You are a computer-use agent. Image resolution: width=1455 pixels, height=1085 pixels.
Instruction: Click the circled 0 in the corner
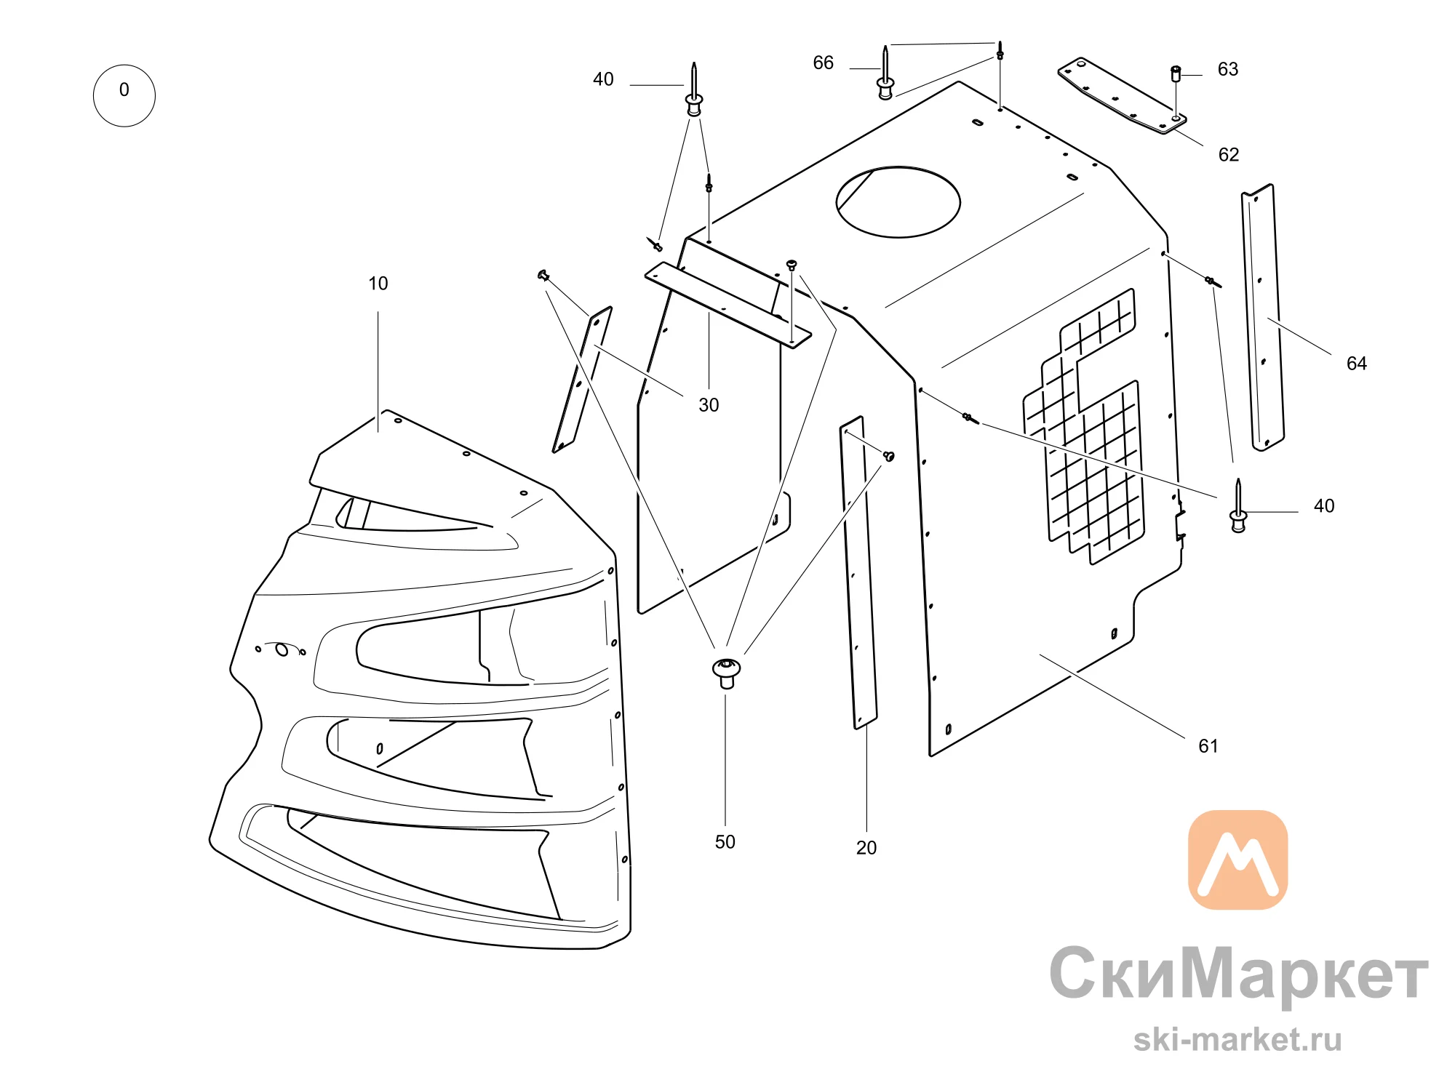[x=124, y=95]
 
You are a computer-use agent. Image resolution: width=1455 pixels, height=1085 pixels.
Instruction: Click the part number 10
[x=378, y=284]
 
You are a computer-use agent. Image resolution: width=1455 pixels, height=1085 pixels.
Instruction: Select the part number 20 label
[x=866, y=848]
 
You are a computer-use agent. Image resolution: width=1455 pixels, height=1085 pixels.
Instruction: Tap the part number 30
[x=709, y=405]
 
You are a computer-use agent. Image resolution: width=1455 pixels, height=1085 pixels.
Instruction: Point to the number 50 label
[x=725, y=842]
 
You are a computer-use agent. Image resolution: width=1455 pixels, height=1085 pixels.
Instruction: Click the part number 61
[x=1208, y=746]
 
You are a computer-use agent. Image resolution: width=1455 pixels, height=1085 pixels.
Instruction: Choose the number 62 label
[x=1229, y=155]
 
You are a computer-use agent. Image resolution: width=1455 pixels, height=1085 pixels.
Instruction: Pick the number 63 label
[x=1228, y=69]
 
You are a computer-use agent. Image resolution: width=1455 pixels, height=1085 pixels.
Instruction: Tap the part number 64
[x=1357, y=364]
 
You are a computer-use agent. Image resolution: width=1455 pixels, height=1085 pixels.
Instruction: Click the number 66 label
[x=824, y=63]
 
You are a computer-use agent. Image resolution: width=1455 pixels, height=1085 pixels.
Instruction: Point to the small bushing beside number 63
[x=1176, y=74]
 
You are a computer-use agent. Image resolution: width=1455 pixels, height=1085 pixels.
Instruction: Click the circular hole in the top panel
[x=898, y=202]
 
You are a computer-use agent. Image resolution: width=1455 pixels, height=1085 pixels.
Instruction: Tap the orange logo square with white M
[x=1238, y=860]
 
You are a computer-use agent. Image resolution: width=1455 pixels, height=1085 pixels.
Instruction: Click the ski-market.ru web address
[x=1237, y=1039]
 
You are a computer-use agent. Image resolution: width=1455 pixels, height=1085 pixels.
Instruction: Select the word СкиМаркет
[x=1239, y=974]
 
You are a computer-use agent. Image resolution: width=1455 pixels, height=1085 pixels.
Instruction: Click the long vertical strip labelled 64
[x=1263, y=318]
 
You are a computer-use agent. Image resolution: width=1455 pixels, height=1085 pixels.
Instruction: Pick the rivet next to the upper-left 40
[x=694, y=89]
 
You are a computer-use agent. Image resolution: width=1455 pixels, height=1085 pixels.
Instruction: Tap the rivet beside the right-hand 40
[x=1238, y=506]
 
